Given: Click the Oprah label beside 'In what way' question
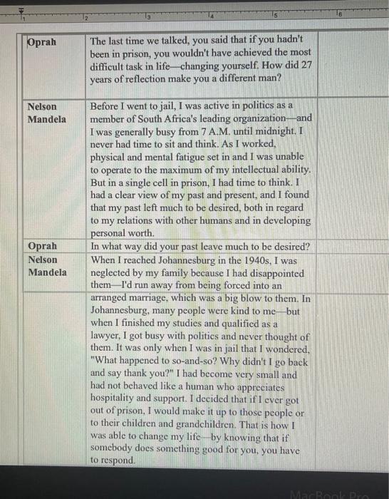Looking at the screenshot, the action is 43,246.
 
